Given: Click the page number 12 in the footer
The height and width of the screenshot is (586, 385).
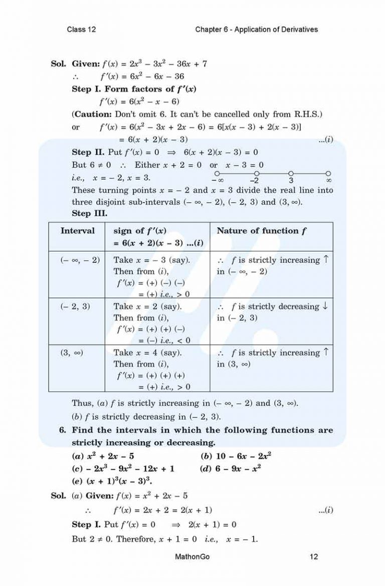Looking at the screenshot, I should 314,556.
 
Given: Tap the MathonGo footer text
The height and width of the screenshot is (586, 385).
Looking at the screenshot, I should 192,556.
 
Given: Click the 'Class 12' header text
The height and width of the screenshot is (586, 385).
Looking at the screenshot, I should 81,30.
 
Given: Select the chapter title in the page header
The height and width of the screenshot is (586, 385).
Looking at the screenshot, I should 256,30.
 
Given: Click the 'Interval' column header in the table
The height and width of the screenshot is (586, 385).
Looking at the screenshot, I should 77,231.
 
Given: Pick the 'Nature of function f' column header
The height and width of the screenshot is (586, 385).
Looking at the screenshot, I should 261,231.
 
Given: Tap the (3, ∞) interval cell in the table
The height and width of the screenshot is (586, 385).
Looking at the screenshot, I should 72,353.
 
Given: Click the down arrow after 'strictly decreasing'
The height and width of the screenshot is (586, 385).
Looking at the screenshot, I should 325,306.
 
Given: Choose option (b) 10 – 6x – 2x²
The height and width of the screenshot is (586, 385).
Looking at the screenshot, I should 236,456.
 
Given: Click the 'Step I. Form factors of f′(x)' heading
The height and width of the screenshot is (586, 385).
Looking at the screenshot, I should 134,89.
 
